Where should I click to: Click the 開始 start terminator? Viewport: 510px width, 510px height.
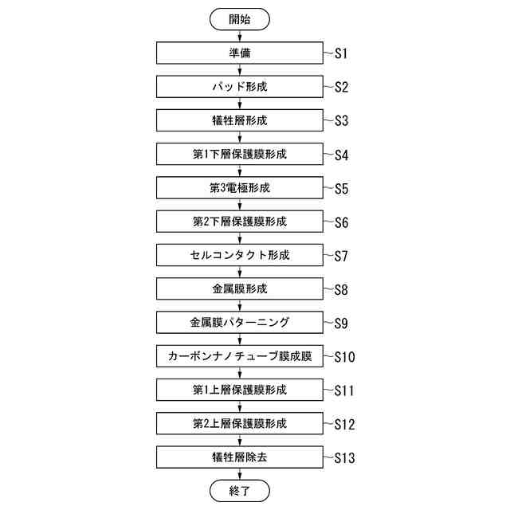point(239,19)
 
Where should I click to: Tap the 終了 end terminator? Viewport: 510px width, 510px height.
point(239,490)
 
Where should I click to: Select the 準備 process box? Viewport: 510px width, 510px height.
point(239,53)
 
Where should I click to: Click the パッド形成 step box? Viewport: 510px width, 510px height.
point(239,87)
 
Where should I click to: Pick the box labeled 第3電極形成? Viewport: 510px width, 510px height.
point(239,188)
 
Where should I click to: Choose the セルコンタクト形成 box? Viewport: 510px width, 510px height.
point(239,255)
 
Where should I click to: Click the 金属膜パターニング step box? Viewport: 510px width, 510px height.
point(239,323)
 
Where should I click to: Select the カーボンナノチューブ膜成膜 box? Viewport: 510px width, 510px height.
point(239,356)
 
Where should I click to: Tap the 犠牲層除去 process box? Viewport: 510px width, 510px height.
point(239,457)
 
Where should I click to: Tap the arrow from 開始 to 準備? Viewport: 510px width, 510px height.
point(239,36)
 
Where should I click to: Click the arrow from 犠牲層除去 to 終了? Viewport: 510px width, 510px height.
point(239,474)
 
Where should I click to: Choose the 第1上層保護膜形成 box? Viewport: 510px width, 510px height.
point(239,390)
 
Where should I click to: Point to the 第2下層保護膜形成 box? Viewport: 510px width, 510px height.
point(239,222)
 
